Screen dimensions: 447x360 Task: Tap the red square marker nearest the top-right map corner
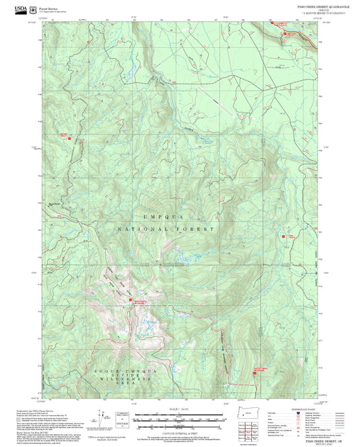pos(284,32)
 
